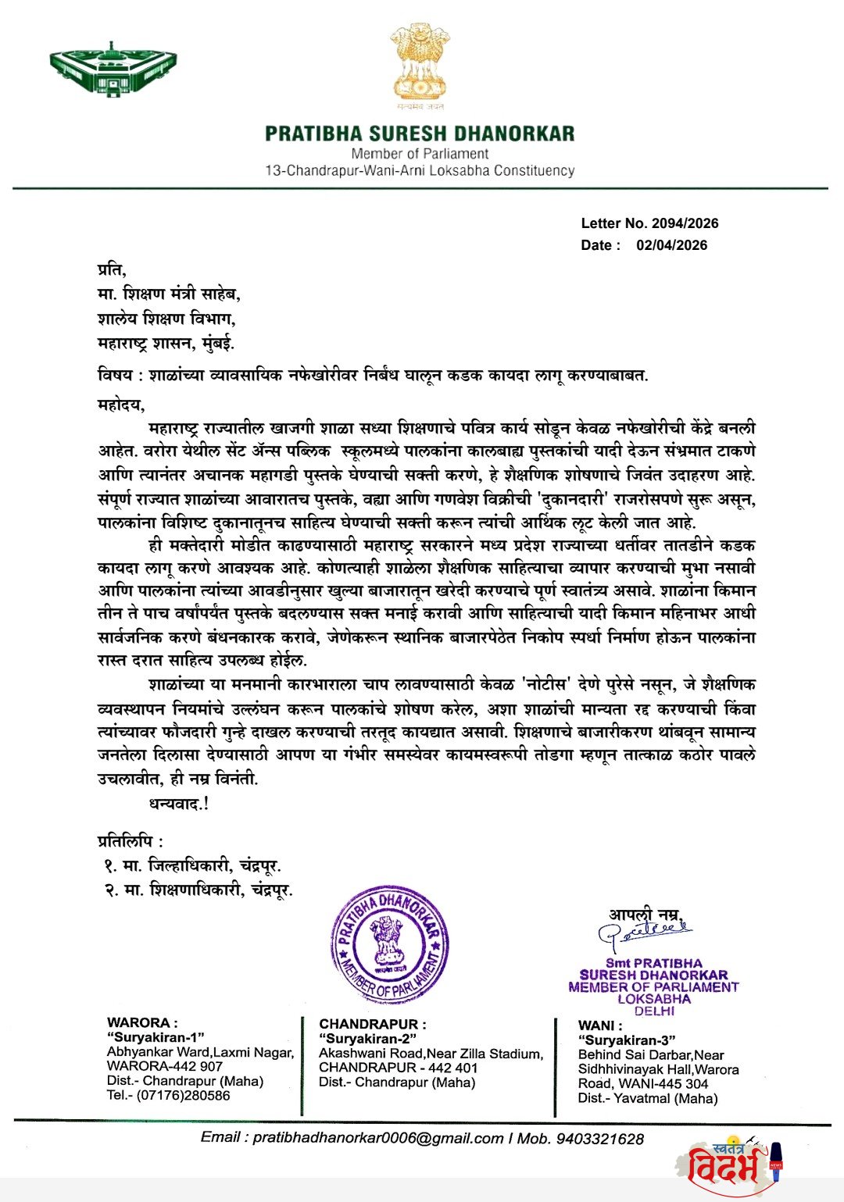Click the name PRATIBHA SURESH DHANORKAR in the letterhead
[420, 134]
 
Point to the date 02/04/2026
[671, 245]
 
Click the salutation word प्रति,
[111, 270]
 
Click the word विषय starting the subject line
[114, 375]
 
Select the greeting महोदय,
[121, 405]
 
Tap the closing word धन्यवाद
[177, 803]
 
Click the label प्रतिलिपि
[130, 841]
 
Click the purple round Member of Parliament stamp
[389, 945]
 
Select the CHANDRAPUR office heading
[372, 1024]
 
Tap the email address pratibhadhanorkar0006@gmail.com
[377, 1138]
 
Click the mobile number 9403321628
[599, 1139]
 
